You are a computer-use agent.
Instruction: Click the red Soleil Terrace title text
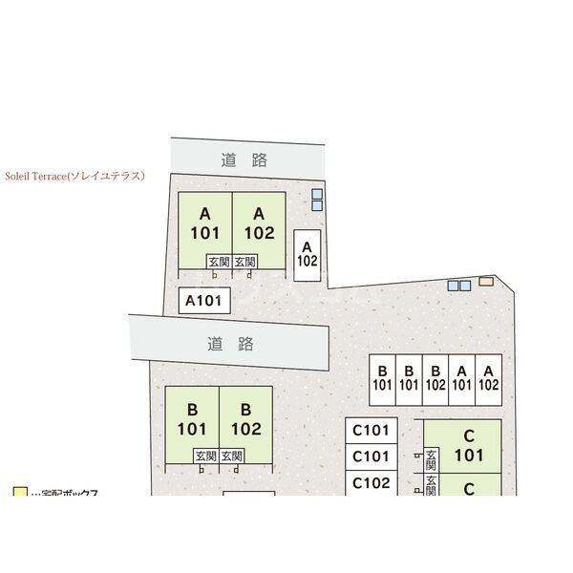(74, 176)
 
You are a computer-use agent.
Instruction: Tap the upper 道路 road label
(244, 159)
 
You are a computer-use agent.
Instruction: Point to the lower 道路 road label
(229, 343)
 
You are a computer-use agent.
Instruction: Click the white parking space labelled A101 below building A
(203, 301)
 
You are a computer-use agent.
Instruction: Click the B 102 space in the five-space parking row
(435, 379)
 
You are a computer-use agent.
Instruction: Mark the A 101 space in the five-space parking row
(462, 379)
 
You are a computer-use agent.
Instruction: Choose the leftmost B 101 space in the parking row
(383, 379)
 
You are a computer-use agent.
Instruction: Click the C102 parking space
(371, 483)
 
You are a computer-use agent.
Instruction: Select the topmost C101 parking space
(371, 430)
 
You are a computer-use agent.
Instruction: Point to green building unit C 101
(469, 445)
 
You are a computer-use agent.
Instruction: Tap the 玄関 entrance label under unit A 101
(219, 261)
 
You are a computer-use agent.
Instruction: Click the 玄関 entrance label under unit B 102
(232, 456)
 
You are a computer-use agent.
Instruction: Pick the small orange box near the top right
(486, 282)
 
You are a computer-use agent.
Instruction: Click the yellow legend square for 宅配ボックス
(19, 493)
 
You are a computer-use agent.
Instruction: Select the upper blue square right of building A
(317, 194)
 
